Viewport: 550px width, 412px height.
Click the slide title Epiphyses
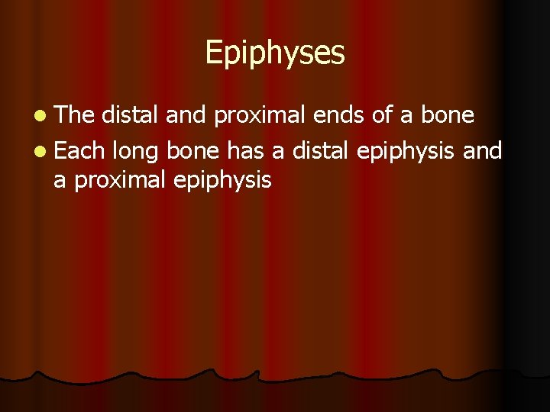[275, 53]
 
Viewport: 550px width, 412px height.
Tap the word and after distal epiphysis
[482, 150]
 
